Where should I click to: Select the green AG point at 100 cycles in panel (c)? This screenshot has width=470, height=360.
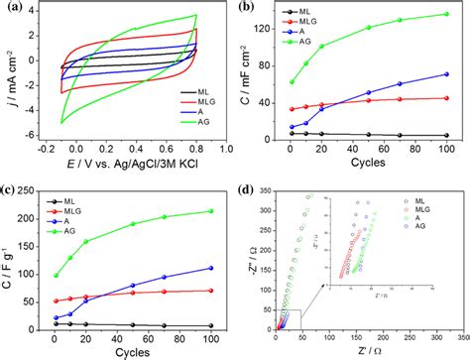(211, 210)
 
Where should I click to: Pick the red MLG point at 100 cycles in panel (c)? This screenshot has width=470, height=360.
(211, 291)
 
